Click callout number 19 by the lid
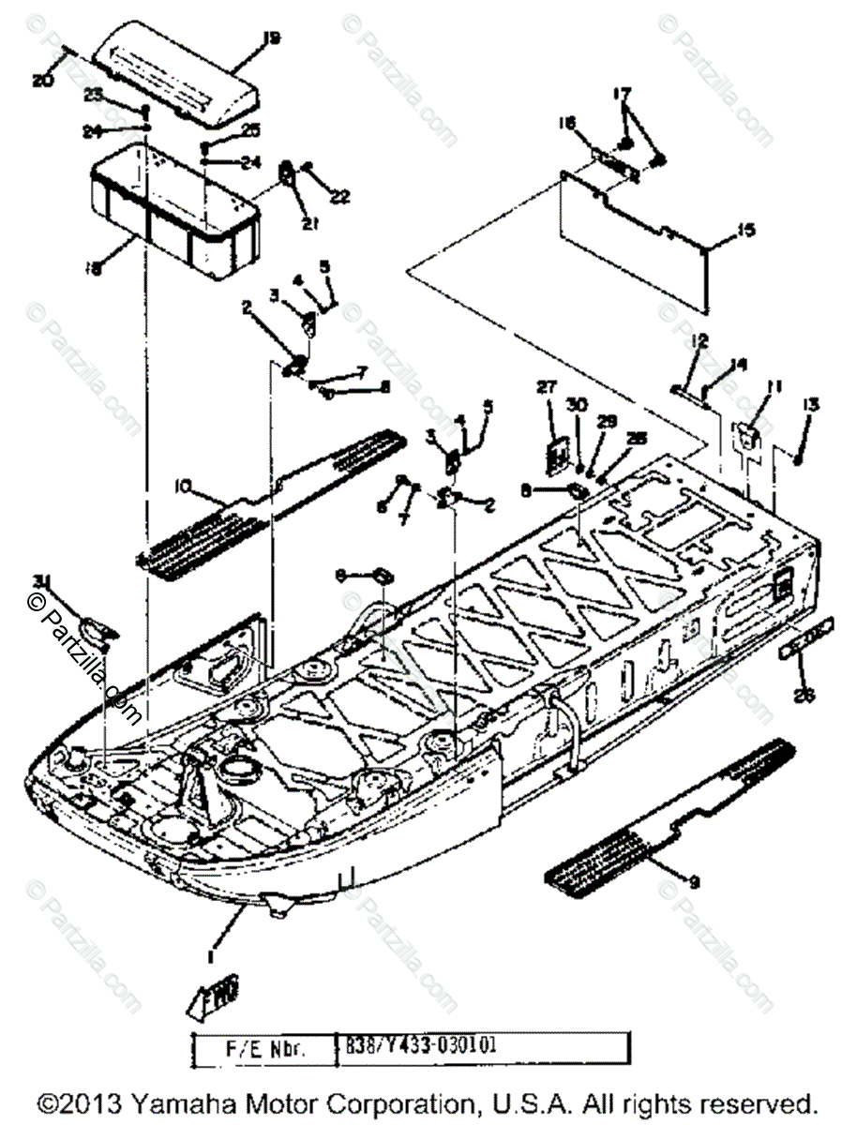(x=272, y=38)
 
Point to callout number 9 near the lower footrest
(x=694, y=880)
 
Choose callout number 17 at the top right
(x=623, y=94)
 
